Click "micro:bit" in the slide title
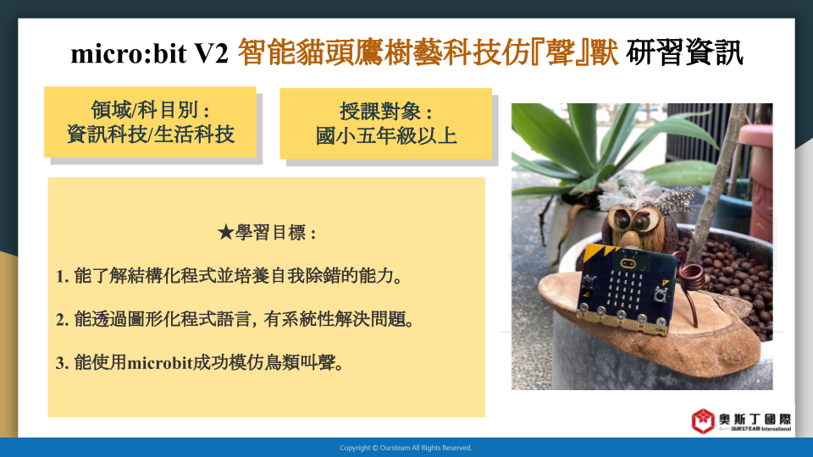click(x=129, y=53)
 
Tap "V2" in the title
click(x=211, y=53)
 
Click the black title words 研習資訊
click(x=684, y=52)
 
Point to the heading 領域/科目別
click(x=151, y=110)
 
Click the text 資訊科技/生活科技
click(x=151, y=135)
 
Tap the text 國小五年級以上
click(x=386, y=135)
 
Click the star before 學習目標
click(x=225, y=233)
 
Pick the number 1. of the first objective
click(x=62, y=277)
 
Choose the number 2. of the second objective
click(x=62, y=320)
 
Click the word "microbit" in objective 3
click(x=160, y=363)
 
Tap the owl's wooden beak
click(x=630, y=240)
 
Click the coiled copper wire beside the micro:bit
click(x=689, y=279)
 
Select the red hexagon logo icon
click(x=703, y=421)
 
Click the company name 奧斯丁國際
click(x=755, y=419)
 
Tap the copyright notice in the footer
click(x=406, y=448)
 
